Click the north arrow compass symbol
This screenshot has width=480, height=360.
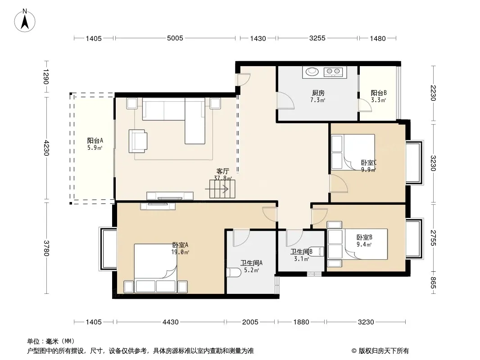tap(25, 21)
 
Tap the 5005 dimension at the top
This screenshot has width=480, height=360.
tap(175, 38)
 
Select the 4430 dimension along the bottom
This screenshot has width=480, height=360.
tap(171, 322)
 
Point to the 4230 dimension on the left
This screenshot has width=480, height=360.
tap(46, 148)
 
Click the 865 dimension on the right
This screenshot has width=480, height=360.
tap(433, 282)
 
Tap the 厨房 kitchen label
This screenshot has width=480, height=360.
tap(318, 93)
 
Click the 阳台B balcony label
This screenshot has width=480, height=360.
tap(379, 93)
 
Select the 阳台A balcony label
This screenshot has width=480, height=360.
tap(95, 141)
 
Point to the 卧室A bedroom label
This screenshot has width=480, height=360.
tap(180, 245)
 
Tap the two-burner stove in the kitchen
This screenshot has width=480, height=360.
tap(333, 72)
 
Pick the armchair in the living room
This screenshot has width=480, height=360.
tap(138, 141)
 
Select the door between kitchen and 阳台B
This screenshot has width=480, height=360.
tap(365, 104)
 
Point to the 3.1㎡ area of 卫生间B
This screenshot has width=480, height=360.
tap(302, 259)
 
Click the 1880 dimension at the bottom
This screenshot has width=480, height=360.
tap(301, 322)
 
